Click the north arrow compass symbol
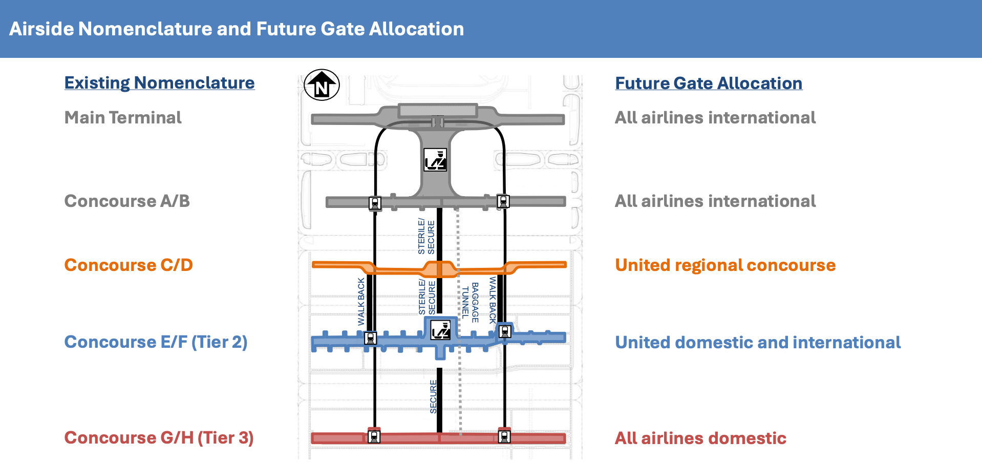322,85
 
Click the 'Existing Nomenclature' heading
160,83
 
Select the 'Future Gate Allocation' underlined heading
709,83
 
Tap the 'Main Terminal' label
123,118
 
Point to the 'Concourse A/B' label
127,201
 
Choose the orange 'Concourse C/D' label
129,265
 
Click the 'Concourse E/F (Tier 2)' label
156,342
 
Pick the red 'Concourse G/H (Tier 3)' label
159,438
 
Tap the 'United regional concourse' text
725,265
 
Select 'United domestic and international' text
758,342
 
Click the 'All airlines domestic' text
700,438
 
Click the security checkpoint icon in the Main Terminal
435,160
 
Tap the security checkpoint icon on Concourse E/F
440,330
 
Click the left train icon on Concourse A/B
375,203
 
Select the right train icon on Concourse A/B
503,202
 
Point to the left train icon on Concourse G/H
374,437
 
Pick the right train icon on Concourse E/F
505,332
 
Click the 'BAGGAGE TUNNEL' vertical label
470,302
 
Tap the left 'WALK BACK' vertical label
361,302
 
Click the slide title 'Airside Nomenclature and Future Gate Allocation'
237,29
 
